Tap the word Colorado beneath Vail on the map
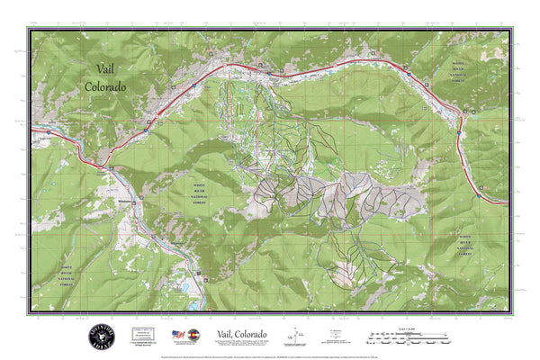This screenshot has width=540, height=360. (x=105, y=86)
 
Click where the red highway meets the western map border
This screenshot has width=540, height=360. (x=34, y=131)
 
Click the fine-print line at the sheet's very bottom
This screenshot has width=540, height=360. (x=270, y=352)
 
